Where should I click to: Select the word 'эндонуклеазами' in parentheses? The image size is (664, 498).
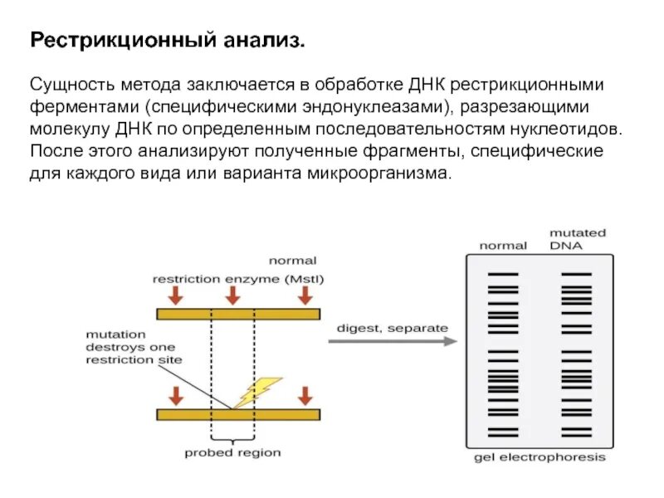point(376,108)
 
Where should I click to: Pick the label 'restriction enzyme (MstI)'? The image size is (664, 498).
point(232,280)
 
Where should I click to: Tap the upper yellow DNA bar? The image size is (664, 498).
point(239,314)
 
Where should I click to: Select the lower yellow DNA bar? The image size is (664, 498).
point(239,413)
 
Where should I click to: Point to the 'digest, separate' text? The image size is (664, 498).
point(392,327)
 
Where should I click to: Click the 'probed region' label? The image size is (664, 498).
point(232,453)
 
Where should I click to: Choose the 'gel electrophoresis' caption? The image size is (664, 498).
point(540,457)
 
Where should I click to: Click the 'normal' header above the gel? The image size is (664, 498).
point(503,245)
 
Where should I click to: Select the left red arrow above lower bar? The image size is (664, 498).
point(177,394)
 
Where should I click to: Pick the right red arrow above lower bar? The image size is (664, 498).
point(305,394)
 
